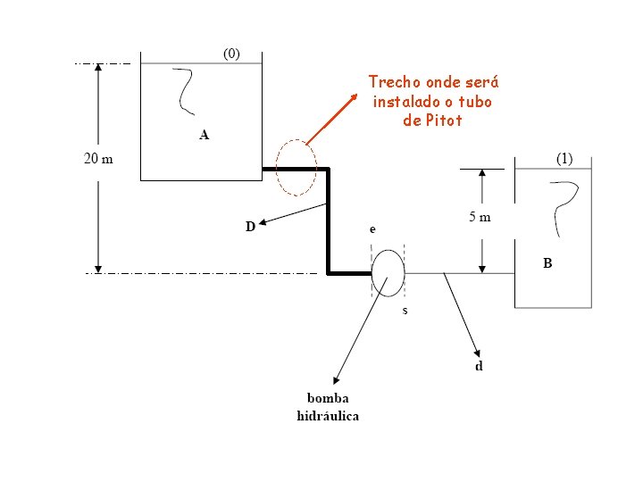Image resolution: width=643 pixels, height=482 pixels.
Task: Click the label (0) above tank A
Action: (231, 54)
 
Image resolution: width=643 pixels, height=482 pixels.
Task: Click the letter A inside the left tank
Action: (205, 136)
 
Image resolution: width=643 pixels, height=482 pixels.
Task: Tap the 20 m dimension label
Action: (98, 159)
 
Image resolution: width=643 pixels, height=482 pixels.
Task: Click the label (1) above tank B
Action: (565, 159)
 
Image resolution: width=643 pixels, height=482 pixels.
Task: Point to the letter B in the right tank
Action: (547, 263)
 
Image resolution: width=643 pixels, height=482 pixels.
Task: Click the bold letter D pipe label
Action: (251, 227)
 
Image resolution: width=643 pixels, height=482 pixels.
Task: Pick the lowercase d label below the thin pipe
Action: (479, 367)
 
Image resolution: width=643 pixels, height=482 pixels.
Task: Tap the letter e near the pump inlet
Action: (372, 230)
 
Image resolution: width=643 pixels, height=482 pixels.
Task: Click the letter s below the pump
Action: (405, 312)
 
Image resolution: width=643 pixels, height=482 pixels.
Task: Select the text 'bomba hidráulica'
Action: (328, 406)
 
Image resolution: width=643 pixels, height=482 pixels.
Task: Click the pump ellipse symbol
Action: (388, 273)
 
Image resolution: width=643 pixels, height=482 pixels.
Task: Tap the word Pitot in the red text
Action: (443, 120)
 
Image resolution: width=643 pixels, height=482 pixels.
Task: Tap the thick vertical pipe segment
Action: (329, 220)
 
